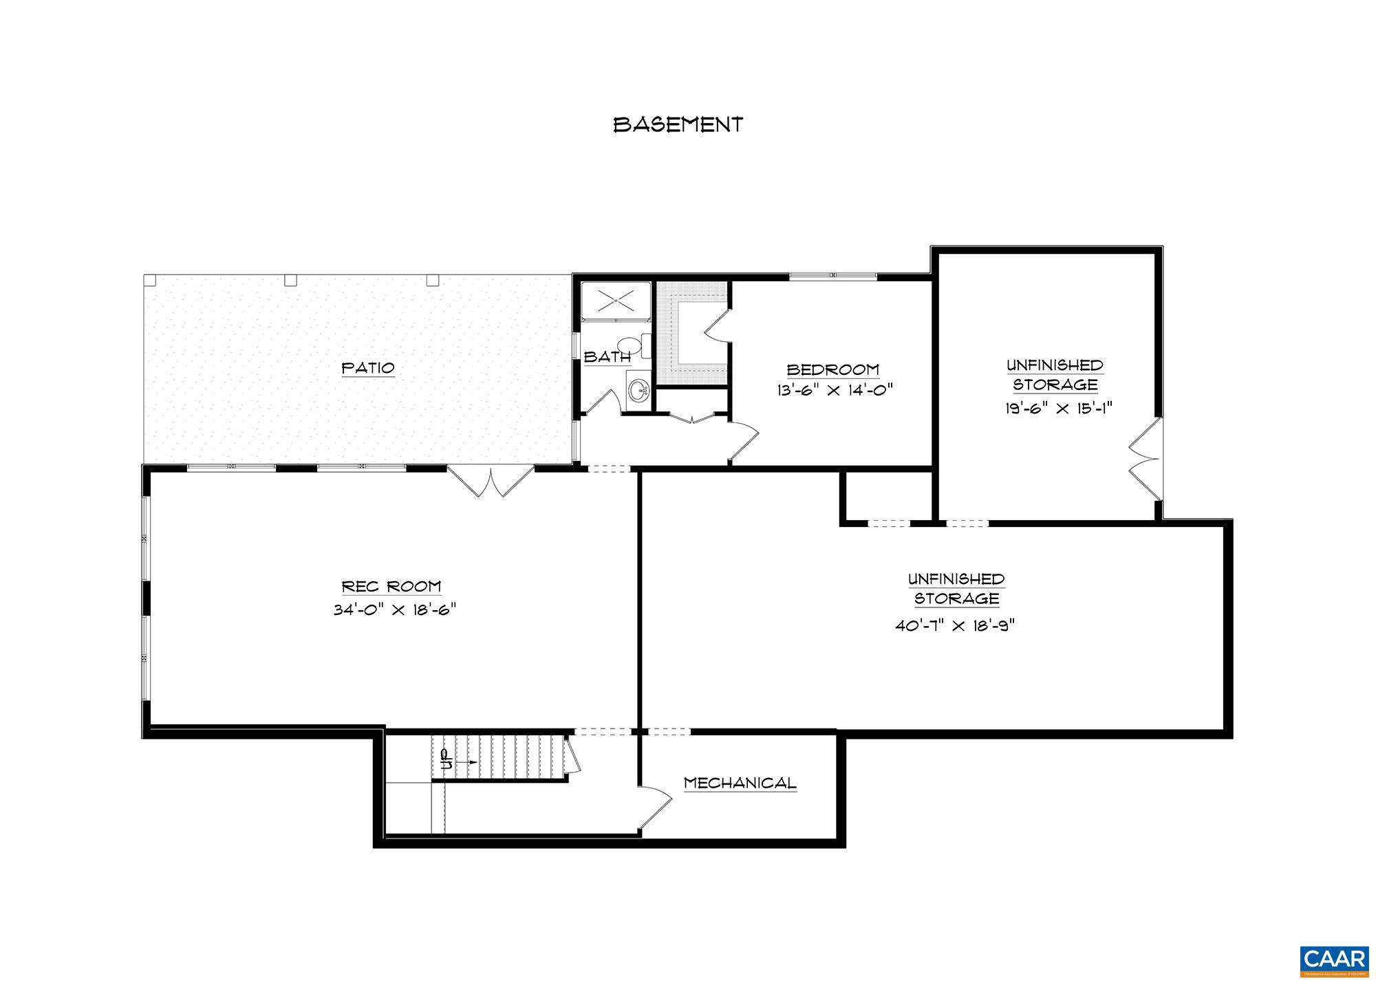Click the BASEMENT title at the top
click(678, 125)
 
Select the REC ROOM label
click(391, 587)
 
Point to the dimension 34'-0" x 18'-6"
click(395, 610)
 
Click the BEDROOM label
click(832, 370)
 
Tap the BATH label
click(606, 357)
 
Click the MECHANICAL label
click(740, 783)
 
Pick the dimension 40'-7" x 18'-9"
click(955, 626)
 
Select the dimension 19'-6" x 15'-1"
click(1058, 408)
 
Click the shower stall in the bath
click(616, 301)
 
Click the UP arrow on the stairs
click(457, 761)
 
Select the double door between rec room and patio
click(490, 481)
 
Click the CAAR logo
click(1333, 959)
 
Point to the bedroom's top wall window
click(832, 277)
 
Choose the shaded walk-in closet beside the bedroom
click(691, 334)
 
